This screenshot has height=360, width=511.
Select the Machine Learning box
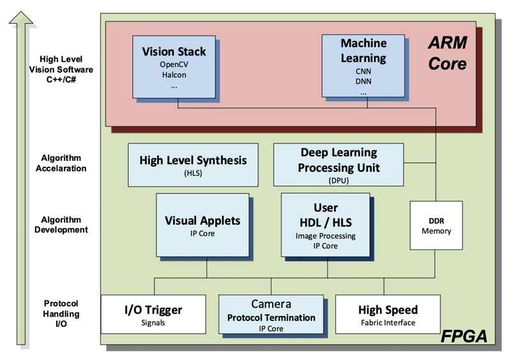click(363, 66)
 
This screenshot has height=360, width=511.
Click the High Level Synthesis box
click(192, 165)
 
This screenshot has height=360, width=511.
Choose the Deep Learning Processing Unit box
click(339, 165)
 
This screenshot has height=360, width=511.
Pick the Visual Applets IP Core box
click(202, 225)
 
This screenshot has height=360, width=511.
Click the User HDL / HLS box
click(325, 225)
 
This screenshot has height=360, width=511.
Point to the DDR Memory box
click(436, 226)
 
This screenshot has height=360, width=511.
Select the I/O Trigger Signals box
click(153, 314)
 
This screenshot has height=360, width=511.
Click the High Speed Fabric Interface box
click(388, 314)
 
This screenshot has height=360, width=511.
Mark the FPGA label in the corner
click(464, 334)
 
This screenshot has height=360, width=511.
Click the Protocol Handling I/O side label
click(61, 313)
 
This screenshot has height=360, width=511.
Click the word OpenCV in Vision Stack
click(174, 64)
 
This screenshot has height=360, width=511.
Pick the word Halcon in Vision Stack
click(174, 75)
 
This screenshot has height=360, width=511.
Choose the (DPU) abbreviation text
click(339, 180)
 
